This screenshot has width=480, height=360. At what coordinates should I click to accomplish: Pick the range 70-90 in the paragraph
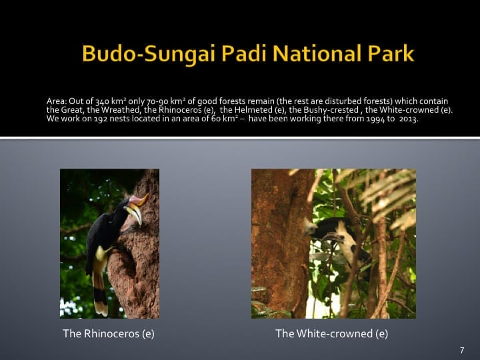coord(139,101)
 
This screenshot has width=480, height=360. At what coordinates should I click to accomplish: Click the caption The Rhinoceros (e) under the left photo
coord(109,333)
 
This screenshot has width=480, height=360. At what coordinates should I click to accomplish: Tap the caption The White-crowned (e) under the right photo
coord(331,333)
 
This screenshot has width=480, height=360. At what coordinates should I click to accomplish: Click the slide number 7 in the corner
coord(461,351)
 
